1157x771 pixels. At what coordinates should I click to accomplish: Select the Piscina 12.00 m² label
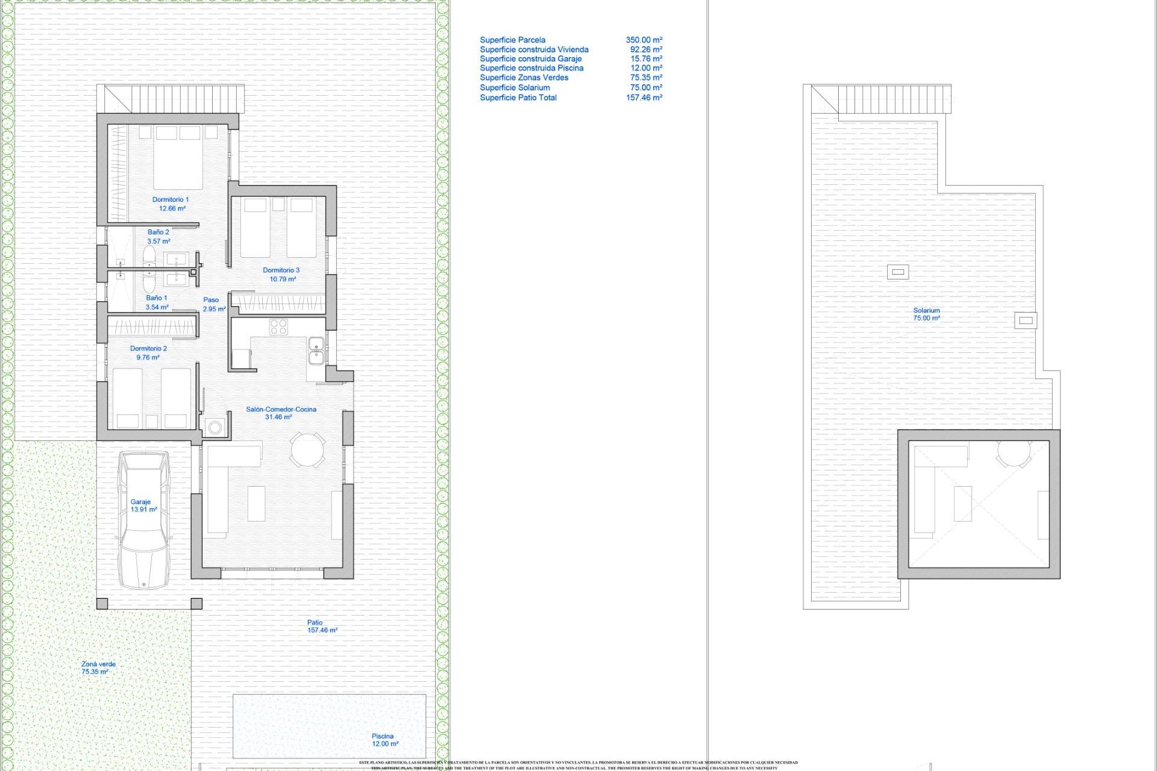pyautogui.click(x=384, y=740)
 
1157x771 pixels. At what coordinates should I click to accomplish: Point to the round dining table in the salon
pyautogui.click(x=307, y=449)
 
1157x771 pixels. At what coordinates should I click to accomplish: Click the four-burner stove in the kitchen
pyautogui.click(x=278, y=327)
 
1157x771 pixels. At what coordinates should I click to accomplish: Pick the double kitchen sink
pyautogui.click(x=316, y=351)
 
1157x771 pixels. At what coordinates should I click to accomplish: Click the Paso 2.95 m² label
pyautogui.click(x=213, y=304)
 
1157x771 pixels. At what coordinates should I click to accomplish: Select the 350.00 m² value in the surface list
pyautogui.click(x=644, y=40)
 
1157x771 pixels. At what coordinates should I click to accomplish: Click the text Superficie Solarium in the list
pyautogui.click(x=515, y=87)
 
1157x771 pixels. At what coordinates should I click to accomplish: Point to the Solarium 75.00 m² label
pyautogui.click(x=926, y=314)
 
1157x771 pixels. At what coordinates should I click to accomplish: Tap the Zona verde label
pyautogui.click(x=98, y=667)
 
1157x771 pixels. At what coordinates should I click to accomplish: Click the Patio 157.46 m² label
pyautogui.click(x=321, y=626)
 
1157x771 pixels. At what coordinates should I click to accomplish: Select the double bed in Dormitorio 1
pyautogui.click(x=178, y=157)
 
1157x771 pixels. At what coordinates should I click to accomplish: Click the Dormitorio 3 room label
pyautogui.click(x=281, y=275)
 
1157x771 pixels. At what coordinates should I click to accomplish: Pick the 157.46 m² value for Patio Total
pyautogui.click(x=644, y=98)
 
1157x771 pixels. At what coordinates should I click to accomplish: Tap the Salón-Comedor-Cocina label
pyautogui.click(x=281, y=413)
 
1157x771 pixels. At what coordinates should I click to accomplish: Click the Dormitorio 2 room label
pyautogui.click(x=148, y=352)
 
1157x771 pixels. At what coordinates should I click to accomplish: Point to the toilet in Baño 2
pyautogui.click(x=149, y=256)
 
